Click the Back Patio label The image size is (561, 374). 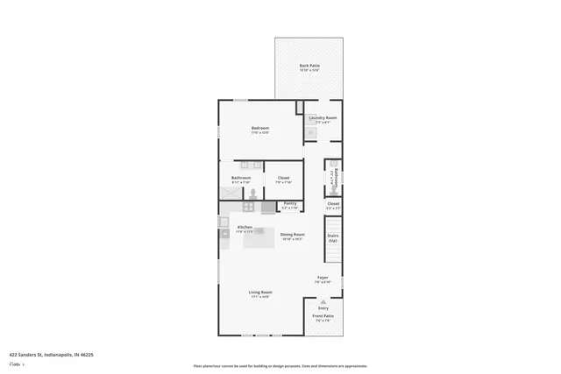pyautogui.click(x=309, y=67)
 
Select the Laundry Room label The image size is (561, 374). pyautogui.click(x=323, y=118)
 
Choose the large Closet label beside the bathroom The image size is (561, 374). pyautogui.click(x=283, y=179)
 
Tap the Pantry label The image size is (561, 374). pyautogui.click(x=290, y=204)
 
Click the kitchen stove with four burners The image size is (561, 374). pyautogui.click(x=249, y=208)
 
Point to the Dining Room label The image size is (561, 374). pyautogui.click(x=292, y=236)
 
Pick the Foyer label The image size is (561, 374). pyautogui.click(x=323, y=279)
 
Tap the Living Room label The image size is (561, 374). pyautogui.click(x=260, y=293)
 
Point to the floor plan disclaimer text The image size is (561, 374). pyautogui.click(x=280, y=366)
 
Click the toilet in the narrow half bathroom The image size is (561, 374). pyautogui.click(x=333, y=184)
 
